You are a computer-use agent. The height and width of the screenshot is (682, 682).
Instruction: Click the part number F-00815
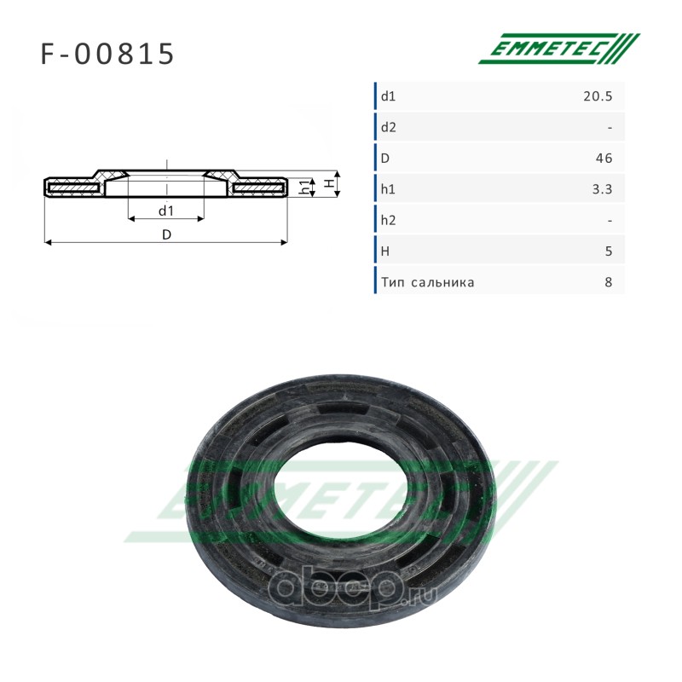click(107, 54)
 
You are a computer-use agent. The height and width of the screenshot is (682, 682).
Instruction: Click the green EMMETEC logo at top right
click(559, 49)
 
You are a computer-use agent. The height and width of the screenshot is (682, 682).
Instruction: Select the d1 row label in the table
click(388, 96)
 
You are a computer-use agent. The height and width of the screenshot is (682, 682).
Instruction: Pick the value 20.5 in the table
click(598, 96)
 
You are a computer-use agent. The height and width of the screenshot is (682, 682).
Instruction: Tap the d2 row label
click(389, 127)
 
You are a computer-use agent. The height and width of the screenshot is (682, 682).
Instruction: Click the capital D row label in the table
click(385, 159)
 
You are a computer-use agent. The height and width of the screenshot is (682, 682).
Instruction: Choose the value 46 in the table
click(604, 159)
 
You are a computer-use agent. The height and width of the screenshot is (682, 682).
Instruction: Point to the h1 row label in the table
click(388, 189)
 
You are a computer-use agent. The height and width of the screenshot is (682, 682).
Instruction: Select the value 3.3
click(602, 189)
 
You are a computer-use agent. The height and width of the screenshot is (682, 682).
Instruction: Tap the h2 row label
click(389, 220)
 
